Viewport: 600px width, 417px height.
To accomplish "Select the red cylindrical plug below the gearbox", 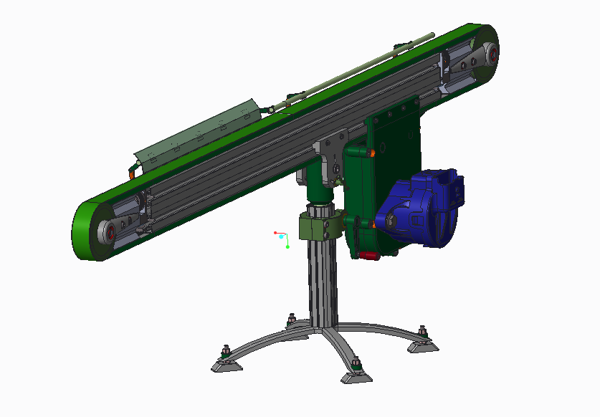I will [368, 256].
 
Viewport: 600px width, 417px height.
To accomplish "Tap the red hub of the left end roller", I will [111, 232].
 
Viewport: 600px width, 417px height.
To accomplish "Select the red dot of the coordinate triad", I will [275, 232].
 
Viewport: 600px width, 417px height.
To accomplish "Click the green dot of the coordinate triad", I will [287, 247].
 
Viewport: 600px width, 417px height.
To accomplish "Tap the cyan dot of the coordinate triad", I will [282, 236].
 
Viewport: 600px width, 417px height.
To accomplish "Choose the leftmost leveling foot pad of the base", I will [227, 366].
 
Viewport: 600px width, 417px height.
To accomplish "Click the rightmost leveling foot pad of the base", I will [424, 345].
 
